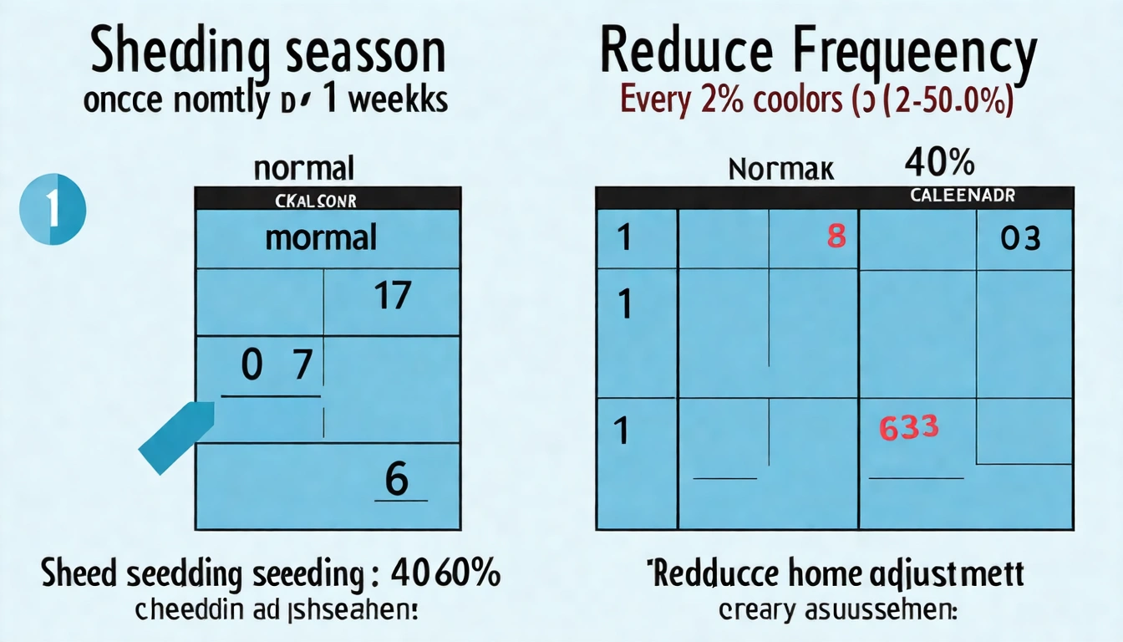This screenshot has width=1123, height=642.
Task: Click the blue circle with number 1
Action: pyautogui.click(x=53, y=209)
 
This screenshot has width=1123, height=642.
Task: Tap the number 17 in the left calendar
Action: pyautogui.click(x=393, y=296)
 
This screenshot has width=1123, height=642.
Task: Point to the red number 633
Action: pyautogui.click(x=909, y=428)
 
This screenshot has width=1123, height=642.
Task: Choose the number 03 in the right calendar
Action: pyautogui.click(x=1020, y=238)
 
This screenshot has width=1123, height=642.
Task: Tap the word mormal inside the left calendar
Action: pyautogui.click(x=321, y=238)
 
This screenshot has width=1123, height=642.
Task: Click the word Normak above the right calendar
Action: pyautogui.click(x=781, y=170)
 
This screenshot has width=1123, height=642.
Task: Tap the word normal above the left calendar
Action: pyautogui.click(x=304, y=168)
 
